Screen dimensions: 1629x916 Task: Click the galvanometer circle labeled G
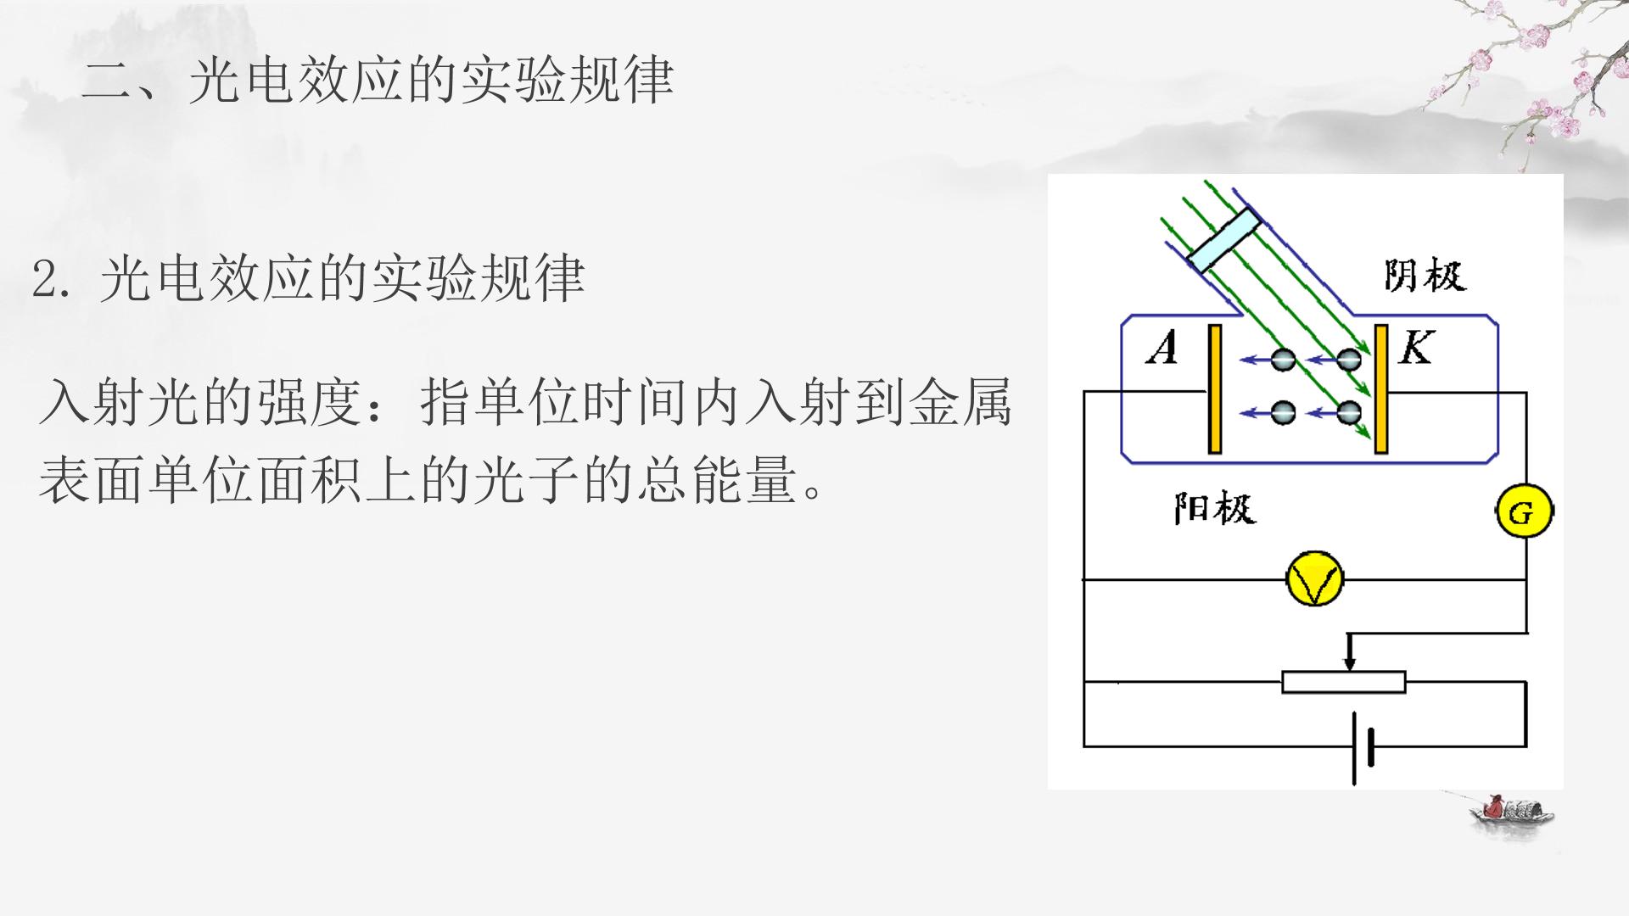pyautogui.click(x=1524, y=512)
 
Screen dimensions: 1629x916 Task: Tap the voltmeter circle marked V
pyautogui.click(x=1314, y=579)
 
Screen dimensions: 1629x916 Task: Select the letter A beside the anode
pyautogui.click(x=1162, y=348)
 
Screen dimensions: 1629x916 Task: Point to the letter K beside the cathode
pyautogui.click(x=1416, y=348)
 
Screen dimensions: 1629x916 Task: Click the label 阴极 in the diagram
pyautogui.click(x=1425, y=276)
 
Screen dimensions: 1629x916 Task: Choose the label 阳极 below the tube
pyautogui.click(x=1215, y=509)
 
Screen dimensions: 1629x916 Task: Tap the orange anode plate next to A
pyautogui.click(x=1215, y=389)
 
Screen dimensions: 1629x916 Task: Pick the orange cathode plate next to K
pyautogui.click(x=1381, y=389)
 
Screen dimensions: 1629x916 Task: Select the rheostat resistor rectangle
pyautogui.click(x=1343, y=682)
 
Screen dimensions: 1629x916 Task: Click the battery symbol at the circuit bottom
pyautogui.click(x=1362, y=747)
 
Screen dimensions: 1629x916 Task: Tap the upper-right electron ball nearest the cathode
pyautogui.click(x=1348, y=360)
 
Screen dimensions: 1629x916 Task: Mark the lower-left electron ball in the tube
pyautogui.click(x=1283, y=413)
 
